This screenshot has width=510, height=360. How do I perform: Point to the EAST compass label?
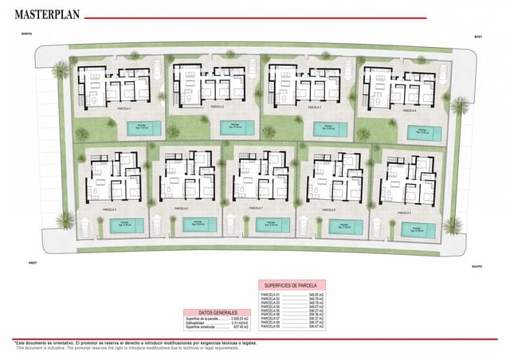point(478,37)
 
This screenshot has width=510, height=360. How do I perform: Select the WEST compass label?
point(33,262)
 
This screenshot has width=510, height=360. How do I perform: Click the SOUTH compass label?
point(477,267)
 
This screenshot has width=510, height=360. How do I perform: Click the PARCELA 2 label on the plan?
point(217,106)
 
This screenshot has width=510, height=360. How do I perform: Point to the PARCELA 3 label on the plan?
point(313,106)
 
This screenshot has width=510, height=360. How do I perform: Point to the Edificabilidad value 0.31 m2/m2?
point(234,323)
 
